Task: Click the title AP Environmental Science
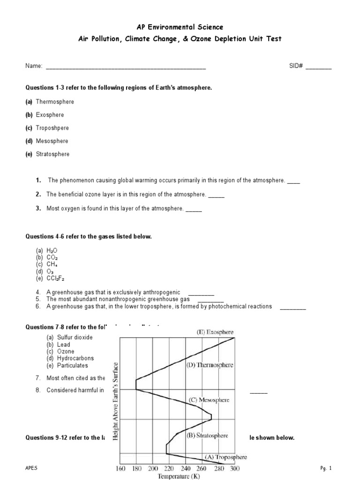180,28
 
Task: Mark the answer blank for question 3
194,209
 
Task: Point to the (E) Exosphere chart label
215,332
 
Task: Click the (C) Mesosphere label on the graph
209,400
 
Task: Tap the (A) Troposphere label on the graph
225,457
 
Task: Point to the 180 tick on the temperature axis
136,468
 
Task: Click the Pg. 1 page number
326,468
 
